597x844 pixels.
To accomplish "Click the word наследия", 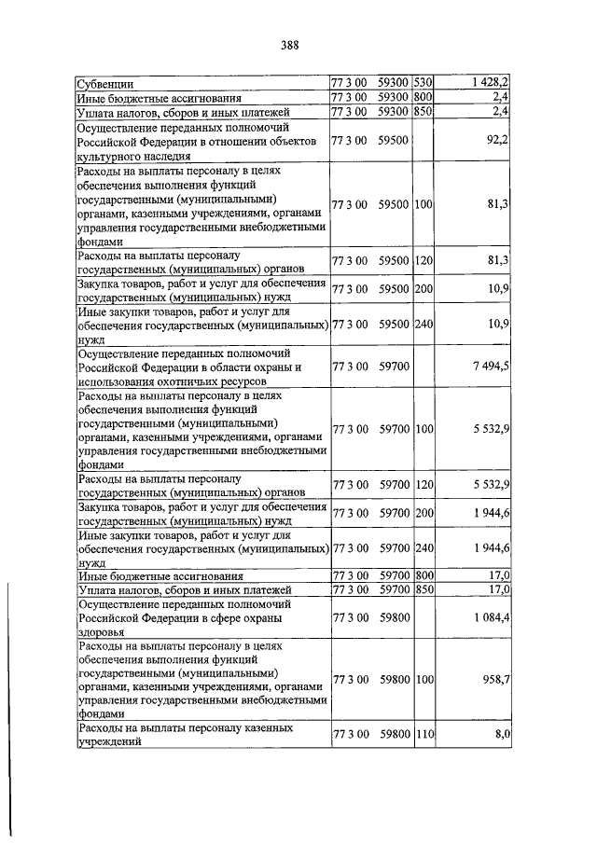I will tap(149, 159).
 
